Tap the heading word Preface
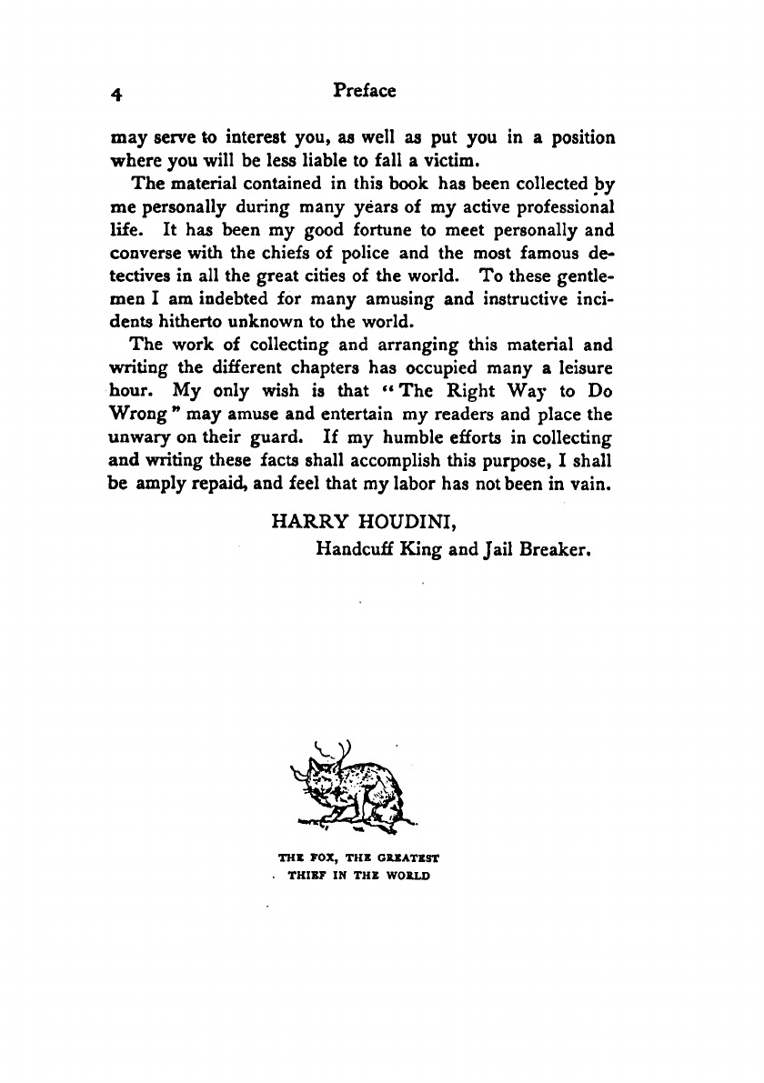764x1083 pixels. [365, 91]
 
